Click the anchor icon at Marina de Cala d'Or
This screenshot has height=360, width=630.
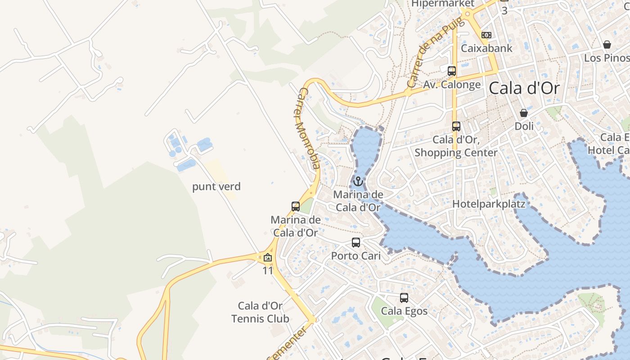358,181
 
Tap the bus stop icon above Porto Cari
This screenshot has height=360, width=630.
356,243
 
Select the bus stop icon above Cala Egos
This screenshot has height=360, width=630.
404,298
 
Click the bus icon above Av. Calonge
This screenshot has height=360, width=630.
452,71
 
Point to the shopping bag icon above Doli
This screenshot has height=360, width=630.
524,113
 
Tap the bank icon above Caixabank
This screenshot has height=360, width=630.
486,35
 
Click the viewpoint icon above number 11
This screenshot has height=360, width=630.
268,258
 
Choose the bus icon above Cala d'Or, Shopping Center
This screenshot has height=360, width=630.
456,126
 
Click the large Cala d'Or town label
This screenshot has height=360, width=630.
524,88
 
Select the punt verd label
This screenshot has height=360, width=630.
216,186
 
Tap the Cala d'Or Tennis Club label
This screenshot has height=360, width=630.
260,312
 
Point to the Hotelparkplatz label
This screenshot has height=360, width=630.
489,204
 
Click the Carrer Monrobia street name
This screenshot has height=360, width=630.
309,128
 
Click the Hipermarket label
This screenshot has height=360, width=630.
443,4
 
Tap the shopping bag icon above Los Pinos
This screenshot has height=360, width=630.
607,45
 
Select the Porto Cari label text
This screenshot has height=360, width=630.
356,256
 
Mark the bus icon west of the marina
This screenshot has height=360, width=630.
296,207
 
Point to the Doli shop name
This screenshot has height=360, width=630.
524,126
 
